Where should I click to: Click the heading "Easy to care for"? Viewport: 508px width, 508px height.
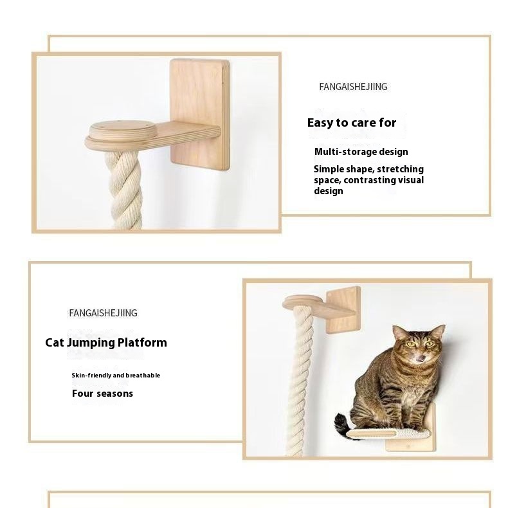pyautogui.click(x=352, y=123)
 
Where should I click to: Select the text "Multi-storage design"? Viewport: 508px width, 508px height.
pyautogui.click(x=361, y=152)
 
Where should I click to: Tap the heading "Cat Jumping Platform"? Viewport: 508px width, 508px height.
pyautogui.click(x=106, y=343)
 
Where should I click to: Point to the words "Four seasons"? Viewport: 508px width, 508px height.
pyautogui.click(x=102, y=394)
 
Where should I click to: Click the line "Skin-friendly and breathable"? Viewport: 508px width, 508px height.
pyautogui.click(x=116, y=375)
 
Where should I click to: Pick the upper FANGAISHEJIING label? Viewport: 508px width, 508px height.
pyautogui.click(x=353, y=87)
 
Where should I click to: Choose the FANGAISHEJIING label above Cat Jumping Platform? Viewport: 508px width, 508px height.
pyautogui.click(x=103, y=313)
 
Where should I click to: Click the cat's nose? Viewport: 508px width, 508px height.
pyautogui.click(x=421, y=357)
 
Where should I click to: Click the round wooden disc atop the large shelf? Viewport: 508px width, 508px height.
pyautogui.click(x=120, y=130)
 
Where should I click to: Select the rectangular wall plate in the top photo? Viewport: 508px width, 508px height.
pyautogui.click(x=200, y=114)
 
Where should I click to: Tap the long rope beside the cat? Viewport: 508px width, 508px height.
pyautogui.click(x=300, y=379)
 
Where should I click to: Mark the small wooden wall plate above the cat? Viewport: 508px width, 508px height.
pyautogui.click(x=343, y=310)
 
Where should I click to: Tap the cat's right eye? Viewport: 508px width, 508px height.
pyautogui.click(x=411, y=344)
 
